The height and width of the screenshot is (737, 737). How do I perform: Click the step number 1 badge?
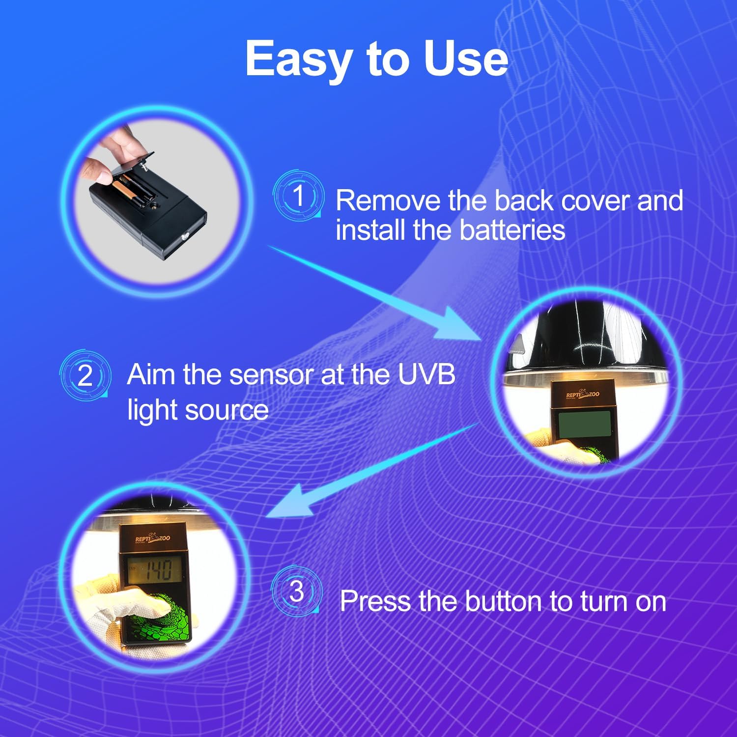click(298, 196)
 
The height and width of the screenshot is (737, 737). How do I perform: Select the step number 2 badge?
click(85, 375)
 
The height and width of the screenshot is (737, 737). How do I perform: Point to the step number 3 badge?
click(297, 591)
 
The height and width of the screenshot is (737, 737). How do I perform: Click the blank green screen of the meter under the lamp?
click(585, 423)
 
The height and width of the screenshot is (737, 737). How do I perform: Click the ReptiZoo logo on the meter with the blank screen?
click(583, 394)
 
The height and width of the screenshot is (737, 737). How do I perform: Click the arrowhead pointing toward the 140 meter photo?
click(290, 501)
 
